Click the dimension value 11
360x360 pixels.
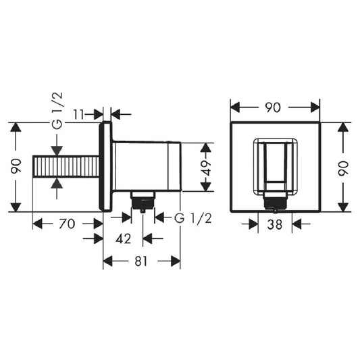[78, 114]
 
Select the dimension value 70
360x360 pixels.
[67, 224]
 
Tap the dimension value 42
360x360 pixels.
[124, 239]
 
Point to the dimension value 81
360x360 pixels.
[140, 261]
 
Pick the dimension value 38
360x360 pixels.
[274, 224]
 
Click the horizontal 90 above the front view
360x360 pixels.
[273, 107]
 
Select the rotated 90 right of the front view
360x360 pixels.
[343, 168]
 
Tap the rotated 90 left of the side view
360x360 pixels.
[16, 165]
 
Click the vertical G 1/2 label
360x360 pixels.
[57, 111]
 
